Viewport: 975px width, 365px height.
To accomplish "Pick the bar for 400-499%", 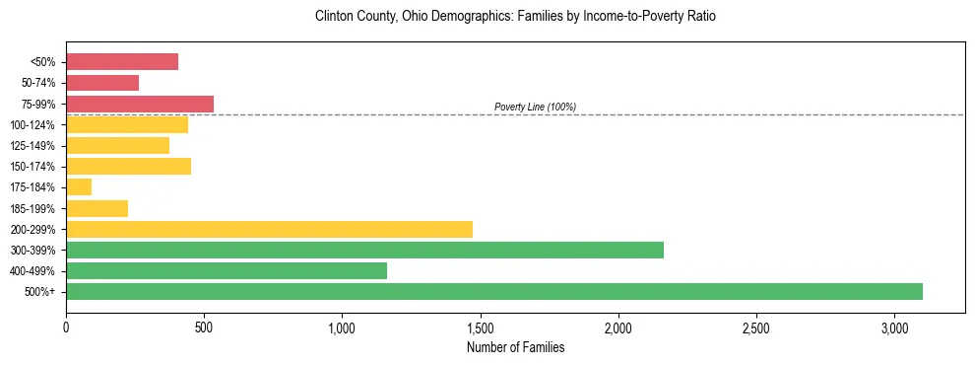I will click(x=227, y=270).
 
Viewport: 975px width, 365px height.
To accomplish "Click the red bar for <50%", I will click(x=122, y=62).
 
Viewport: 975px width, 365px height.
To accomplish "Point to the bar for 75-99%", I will click(x=140, y=104).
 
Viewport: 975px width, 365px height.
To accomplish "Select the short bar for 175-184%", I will click(x=79, y=186).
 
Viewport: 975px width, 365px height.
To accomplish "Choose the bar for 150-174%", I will click(x=128, y=166).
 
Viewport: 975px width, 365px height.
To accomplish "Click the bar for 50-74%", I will click(x=102, y=83).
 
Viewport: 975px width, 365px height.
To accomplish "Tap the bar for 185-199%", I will click(x=97, y=208).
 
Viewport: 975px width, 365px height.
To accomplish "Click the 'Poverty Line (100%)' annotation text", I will click(x=535, y=107).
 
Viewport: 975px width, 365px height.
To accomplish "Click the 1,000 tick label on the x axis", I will click(x=342, y=327).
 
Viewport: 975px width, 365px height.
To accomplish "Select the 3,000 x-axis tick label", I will click(x=893, y=327).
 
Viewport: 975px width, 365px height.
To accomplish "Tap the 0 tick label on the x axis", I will click(x=66, y=327).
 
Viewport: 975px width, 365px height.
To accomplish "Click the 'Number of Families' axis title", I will click(x=515, y=347).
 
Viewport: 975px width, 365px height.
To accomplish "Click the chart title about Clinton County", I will click(x=515, y=17).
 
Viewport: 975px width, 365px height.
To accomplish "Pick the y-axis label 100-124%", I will click(x=32, y=125).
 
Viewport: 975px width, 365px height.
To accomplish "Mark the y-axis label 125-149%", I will click(x=32, y=146).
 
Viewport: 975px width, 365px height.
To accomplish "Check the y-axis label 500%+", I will click(x=39, y=292).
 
